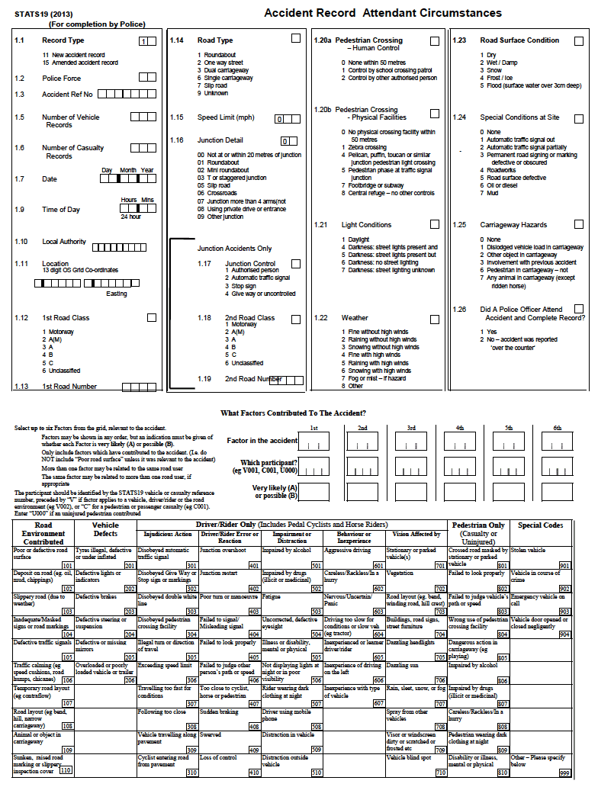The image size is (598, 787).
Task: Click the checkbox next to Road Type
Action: coord(296,38)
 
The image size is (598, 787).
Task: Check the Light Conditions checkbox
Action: coord(434,225)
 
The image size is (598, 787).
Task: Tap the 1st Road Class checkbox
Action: coord(151,317)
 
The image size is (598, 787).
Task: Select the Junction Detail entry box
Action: coord(288,141)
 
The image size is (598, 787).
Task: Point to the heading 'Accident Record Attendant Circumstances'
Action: coord(382,14)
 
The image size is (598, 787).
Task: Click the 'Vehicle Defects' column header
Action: coord(105,529)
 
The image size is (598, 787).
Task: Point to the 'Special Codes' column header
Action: coord(541,525)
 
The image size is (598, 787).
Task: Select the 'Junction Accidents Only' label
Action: coord(234,249)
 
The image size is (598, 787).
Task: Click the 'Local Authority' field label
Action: coord(65,242)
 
